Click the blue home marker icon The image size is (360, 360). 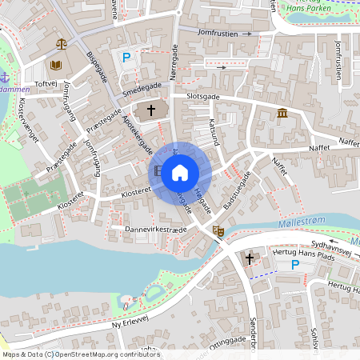pyautogui.click(x=180, y=171)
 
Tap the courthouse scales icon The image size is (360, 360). pyautogui.click(x=61, y=42)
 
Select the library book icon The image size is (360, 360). pyautogui.click(x=56, y=65)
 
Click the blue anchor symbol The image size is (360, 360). pyautogui.click(x=4, y=77)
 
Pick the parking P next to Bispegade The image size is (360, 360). pyautogui.click(x=126, y=57)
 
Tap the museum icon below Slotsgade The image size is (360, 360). pyautogui.click(x=282, y=114)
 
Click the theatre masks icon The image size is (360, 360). pyautogui.click(x=217, y=230)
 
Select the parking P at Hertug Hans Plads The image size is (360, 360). pyautogui.click(x=294, y=265)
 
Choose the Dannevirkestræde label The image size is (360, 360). pyautogui.click(x=144, y=229)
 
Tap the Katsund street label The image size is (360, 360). pyautogui.click(x=213, y=131)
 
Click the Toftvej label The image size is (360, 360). pyautogui.click(x=45, y=82)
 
